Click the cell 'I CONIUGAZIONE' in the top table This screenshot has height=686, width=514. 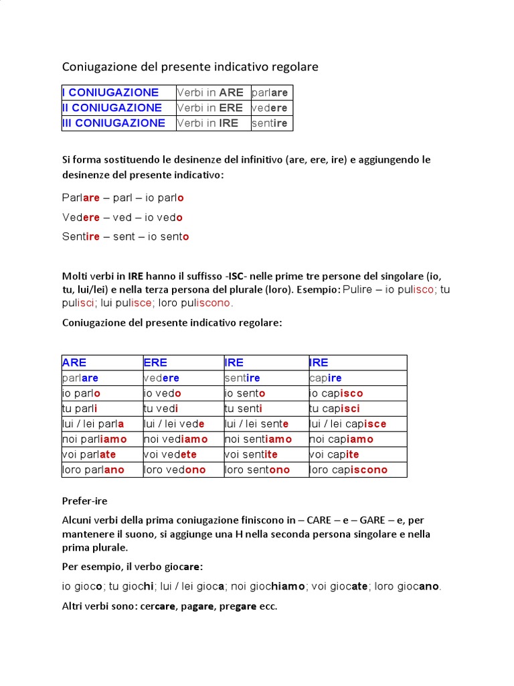pos(110,92)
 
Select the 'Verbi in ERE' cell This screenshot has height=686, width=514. pos(209,108)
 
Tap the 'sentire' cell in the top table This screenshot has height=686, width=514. pos(270,123)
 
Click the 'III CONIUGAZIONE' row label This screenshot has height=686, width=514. pos(114,123)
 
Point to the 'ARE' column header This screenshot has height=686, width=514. pos(74,362)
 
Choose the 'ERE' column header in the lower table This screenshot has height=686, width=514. pos(155,362)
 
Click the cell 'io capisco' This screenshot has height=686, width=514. pos(336,393)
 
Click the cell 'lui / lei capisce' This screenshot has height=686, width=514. pos(347,424)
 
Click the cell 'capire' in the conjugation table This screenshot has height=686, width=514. pos(326,379)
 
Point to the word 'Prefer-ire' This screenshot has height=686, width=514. pos(84,501)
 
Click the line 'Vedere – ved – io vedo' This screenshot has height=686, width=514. pos(122,218)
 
